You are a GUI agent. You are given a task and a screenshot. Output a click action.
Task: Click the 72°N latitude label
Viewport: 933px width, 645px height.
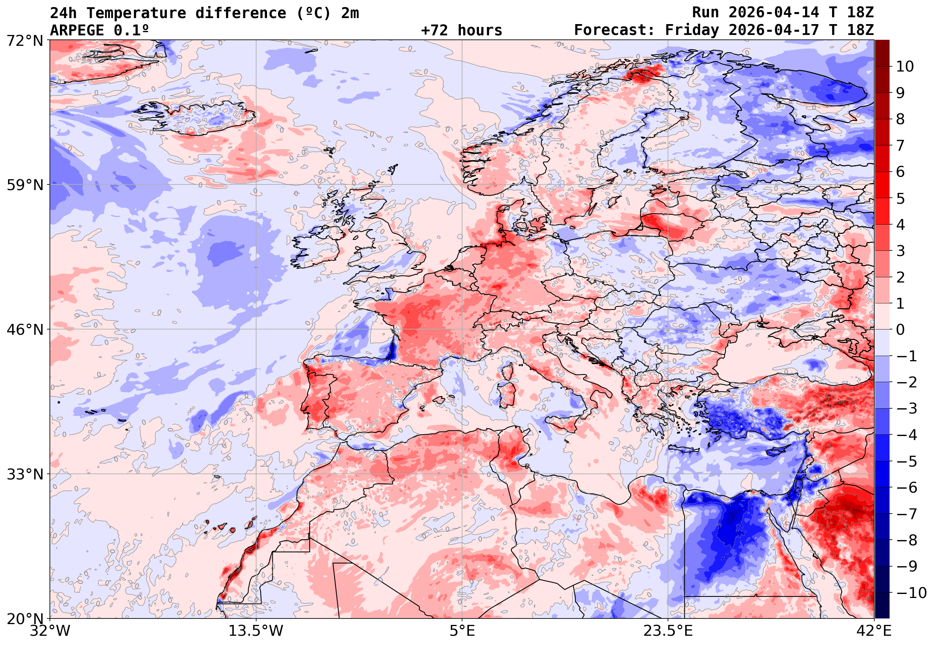pos(25,41)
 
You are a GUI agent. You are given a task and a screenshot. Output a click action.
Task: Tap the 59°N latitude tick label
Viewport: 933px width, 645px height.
pos(25,185)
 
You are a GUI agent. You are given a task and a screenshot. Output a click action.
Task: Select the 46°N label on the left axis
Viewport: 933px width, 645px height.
pos(25,330)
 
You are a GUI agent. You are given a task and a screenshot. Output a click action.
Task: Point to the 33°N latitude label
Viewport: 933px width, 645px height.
pos(25,474)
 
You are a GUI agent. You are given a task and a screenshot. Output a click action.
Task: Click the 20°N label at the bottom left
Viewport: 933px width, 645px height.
pos(25,619)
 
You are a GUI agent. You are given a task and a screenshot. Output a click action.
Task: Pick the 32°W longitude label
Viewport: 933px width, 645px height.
pos(50,631)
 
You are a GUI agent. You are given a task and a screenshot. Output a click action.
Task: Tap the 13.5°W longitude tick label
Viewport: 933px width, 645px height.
pos(256,631)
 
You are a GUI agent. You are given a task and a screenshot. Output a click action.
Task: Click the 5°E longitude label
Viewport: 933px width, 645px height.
pos(462,631)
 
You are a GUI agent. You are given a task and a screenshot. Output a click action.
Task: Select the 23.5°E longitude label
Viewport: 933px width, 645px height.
pos(668,631)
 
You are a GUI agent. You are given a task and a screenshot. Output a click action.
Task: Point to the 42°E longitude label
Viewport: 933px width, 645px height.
pos(874,631)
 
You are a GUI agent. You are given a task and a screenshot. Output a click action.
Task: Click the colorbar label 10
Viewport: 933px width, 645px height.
pos(905,67)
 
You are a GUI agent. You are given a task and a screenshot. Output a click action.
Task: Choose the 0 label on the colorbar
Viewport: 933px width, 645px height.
pos(900,330)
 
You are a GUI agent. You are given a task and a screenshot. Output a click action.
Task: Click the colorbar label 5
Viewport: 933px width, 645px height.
pos(900,199)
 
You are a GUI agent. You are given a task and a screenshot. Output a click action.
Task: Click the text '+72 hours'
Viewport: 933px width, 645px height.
pos(461,30)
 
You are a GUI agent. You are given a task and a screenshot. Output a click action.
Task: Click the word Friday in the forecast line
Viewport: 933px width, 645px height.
pos(692,30)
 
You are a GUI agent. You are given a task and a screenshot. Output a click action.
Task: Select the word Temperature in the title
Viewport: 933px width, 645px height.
pos(136,13)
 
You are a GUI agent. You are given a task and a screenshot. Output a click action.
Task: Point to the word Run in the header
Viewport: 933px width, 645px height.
pos(705,12)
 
